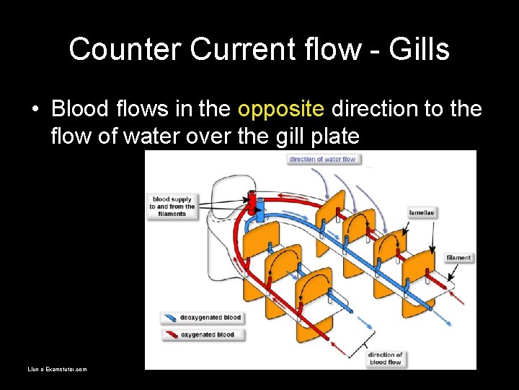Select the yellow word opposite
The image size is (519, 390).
pyautogui.click(x=280, y=109)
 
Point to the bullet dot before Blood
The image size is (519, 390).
pyautogui.click(x=35, y=110)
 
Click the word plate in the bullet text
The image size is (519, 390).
pyautogui.click(x=335, y=135)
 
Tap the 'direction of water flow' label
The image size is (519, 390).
pyautogui.click(x=322, y=159)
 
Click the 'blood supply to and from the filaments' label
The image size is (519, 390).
pyautogui.click(x=172, y=206)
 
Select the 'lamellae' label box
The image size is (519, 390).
pyautogui.click(x=422, y=213)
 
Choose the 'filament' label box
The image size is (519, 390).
pyautogui.click(x=458, y=258)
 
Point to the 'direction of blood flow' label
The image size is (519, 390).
pyautogui.click(x=385, y=358)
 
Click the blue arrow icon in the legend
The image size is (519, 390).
pyautogui.click(x=172, y=318)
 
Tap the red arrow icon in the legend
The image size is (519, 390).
pyautogui.click(x=172, y=335)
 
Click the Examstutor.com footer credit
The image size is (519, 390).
pyautogui.click(x=57, y=369)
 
